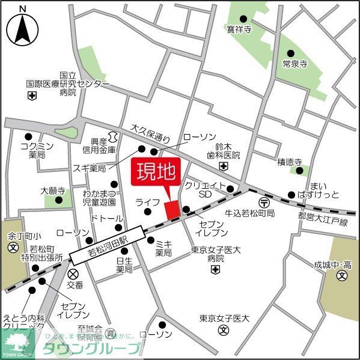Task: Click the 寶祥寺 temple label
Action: pos(239,28)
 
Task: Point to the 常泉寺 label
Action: pos(294,63)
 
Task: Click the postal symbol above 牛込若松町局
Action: pos(263,203)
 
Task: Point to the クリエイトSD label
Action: pos(206,190)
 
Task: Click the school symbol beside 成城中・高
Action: pos(341,276)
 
